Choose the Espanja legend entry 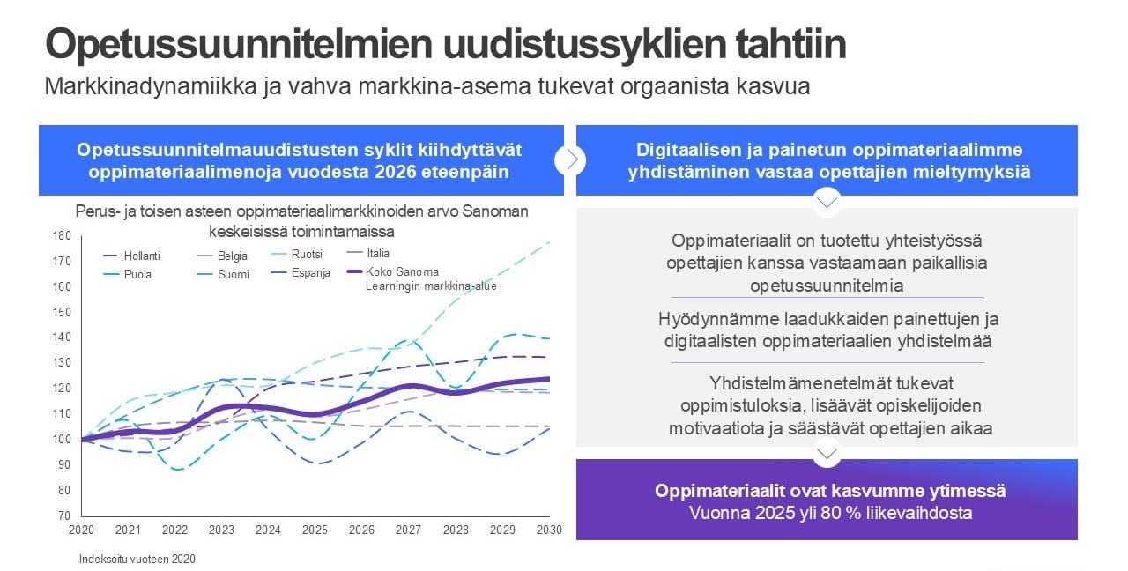(x=310, y=273)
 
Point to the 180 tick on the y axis (x=62, y=235)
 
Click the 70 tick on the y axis (x=64, y=515)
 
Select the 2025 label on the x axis (x=315, y=530)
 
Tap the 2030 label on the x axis (x=548, y=530)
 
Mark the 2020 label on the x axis (x=81, y=530)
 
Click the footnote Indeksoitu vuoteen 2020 (x=137, y=559)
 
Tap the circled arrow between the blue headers (x=570, y=159)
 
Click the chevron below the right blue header (x=827, y=202)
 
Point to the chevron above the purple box (x=827, y=453)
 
